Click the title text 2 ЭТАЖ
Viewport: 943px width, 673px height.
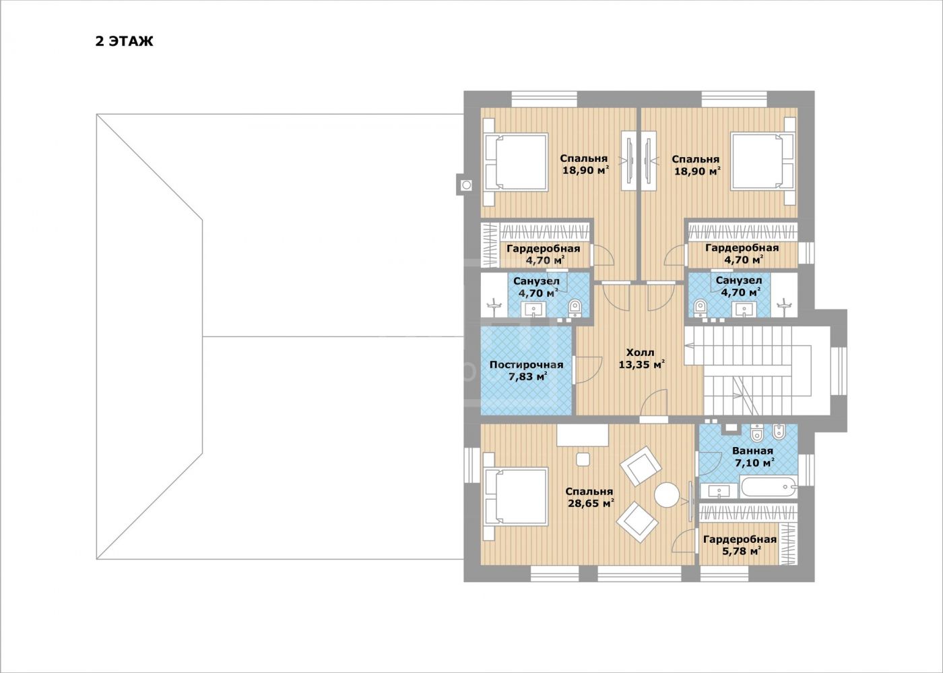pyautogui.click(x=124, y=41)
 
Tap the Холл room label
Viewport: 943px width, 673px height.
pyautogui.click(x=641, y=352)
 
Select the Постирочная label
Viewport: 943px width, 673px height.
pyautogui.click(x=526, y=365)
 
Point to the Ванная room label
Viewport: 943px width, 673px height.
pyautogui.click(x=753, y=451)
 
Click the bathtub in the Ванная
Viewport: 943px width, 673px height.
pyautogui.click(x=769, y=487)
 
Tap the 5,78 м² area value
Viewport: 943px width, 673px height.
pyautogui.click(x=742, y=551)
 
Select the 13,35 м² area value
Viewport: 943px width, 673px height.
pyautogui.click(x=641, y=364)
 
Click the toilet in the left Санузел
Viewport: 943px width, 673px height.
pyautogui.click(x=575, y=308)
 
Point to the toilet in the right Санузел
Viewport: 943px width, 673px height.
pyautogui.click(x=700, y=308)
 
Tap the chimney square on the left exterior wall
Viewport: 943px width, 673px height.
pyautogui.click(x=466, y=185)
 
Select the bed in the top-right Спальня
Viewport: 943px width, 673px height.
pyautogui.click(x=762, y=161)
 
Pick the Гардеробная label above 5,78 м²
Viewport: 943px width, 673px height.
pyautogui.click(x=740, y=539)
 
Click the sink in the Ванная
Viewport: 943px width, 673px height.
pyautogui.click(x=719, y=491)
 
